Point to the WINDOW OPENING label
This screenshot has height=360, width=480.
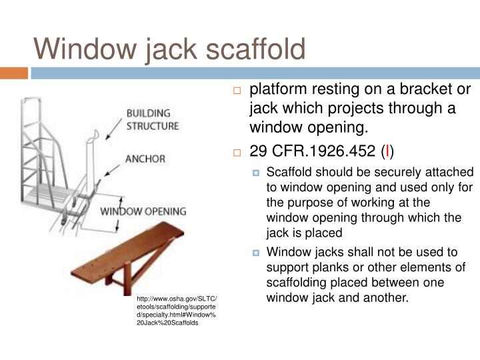pos(143,212)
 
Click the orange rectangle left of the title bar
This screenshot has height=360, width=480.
pos(13,72)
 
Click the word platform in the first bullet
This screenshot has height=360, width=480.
pos(277,90)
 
